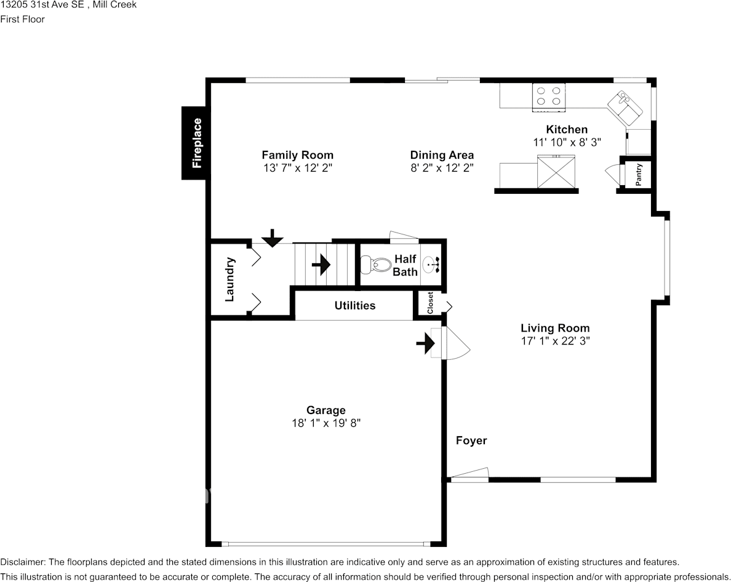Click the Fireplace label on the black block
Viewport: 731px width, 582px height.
(x=197, y=143)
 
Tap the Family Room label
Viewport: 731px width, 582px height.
(x=297, y=154)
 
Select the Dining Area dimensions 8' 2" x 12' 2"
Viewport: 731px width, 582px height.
(x=442, y=168)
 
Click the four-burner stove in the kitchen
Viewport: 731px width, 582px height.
(x=549, y=97)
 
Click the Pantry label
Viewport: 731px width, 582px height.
(x=639, y=174)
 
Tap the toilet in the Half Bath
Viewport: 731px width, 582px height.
(x=375, y=265)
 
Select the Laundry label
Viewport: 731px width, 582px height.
(x=230, y=279)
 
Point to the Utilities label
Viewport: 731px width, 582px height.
(x=355, y=305)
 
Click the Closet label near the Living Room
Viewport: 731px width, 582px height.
(x=430, y=303)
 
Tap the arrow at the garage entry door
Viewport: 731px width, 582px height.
(x=425, y=343)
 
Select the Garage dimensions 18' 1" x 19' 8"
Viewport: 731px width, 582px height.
(x=326, y=423)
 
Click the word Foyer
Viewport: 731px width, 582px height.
(x=471, y=440)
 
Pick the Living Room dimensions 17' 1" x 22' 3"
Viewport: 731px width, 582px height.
(x=555, y=341)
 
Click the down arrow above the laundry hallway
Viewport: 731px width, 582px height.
(x=272, y=237)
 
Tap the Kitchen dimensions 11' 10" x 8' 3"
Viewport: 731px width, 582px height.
(x=567, y=142)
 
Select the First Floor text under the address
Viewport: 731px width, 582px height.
(x=22, y=19)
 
